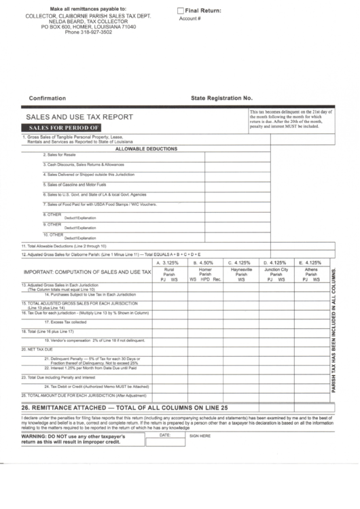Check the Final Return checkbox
[181, 10]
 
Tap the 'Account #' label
[190, 19]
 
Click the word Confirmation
[48, 98]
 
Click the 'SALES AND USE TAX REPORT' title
[79, 117]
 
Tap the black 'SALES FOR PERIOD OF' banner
[65, 127]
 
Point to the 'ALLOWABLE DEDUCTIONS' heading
[147, 148]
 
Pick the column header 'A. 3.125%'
[167, 262]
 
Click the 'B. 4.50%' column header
[204, 262]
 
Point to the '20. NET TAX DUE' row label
[37, 349]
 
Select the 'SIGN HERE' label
[200, 436]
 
